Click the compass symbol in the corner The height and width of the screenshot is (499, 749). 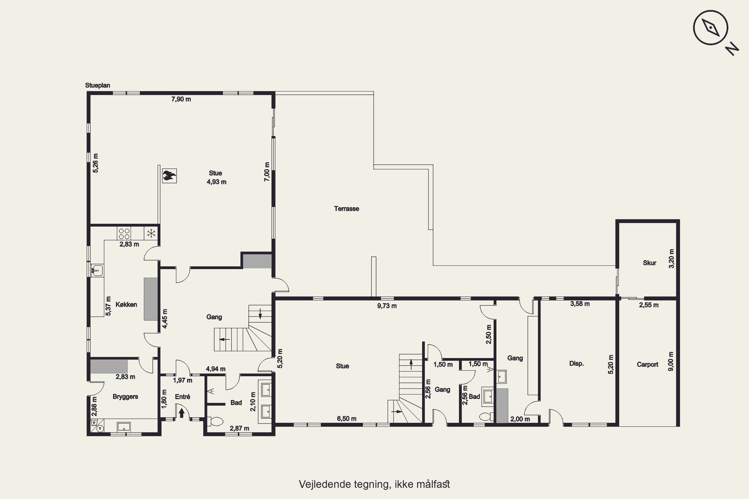[x=711, y=27]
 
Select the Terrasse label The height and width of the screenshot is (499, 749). [x=347, y=209]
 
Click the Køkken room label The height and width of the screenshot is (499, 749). [x=126, y=305]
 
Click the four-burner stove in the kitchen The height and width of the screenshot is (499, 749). [x=124, y=234]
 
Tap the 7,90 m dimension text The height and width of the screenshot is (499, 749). [x=181, y=99]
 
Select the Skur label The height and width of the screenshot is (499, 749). [x=650, y=263]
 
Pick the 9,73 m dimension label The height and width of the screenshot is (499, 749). [x=387, y=306]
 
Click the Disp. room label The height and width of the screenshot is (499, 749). [x=576, y=364]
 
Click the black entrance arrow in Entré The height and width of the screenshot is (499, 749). [x=182, y=412]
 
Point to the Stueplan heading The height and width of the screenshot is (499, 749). [x=97, y=85]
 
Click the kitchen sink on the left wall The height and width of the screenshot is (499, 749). [x=97, y=270]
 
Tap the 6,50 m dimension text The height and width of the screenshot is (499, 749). [x=347, y=419]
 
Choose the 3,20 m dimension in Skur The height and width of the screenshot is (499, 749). [x=671, y=258]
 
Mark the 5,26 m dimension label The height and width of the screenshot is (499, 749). [x=96, y=163]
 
